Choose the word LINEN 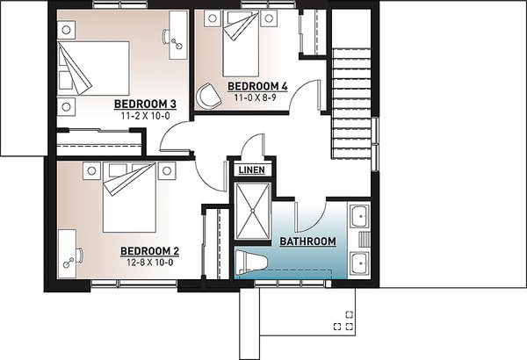click(x=250, y=169)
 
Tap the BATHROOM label click(x=307, y=241)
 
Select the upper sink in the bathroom click(x=358, y=216)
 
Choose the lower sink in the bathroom click(x=358, y=262)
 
